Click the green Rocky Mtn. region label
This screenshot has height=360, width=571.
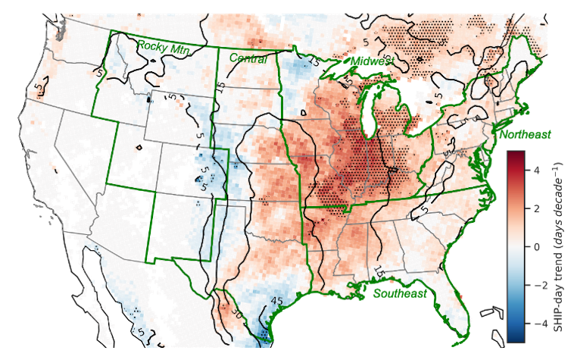click(x=163, y=47)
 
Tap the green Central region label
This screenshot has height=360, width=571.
click(x=248, y=58)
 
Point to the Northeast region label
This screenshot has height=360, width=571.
click(x=525, y=134)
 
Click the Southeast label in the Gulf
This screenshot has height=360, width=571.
click(x=399, y=293)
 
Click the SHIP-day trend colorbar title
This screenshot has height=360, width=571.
click(x=557, y=247)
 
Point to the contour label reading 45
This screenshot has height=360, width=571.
click(x=277, y=301)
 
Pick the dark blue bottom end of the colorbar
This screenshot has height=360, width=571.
click(x=516, y=337)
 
